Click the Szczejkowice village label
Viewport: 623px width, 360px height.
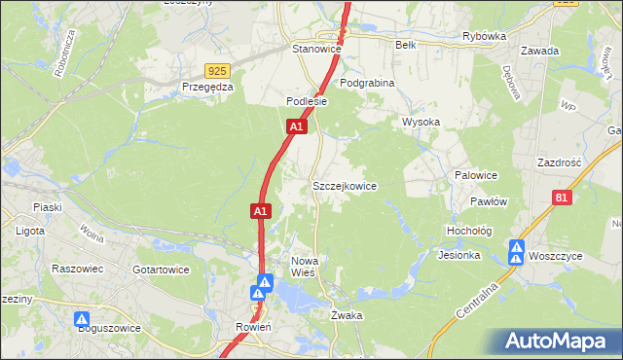pos(344,185)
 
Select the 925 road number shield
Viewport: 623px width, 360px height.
pos(218,71)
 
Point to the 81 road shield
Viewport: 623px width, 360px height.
pos(562,198)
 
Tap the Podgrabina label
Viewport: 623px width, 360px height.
pos(367,84)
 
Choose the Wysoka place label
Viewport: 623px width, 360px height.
pos(421,122)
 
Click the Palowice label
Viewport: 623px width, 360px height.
pos(477,175)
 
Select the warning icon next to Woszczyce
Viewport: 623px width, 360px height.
pos(517,252)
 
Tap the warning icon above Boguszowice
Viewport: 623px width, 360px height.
pos(82,318)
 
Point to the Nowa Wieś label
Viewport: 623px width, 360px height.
pos(311,267)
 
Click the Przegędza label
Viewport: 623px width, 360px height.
pos(207,86)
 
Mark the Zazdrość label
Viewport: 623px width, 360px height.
pos(559,162)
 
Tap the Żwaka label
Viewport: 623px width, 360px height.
pos(347,315)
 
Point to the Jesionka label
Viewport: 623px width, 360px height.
pos(459,256)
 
